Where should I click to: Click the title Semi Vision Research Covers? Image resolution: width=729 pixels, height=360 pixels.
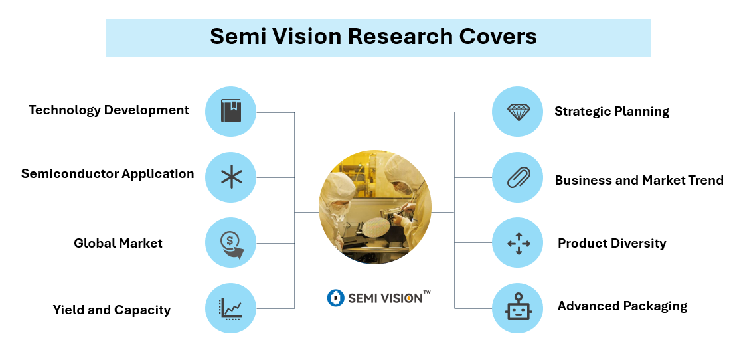pyautogui.click(x=373, y=37)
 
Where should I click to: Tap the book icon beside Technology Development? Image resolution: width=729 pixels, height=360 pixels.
pyautogui.click(x=230, y=112)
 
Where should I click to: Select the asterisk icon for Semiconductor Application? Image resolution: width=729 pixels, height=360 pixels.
pyautogui.click(x=230, y=177)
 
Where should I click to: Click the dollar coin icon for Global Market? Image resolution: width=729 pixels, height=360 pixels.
pyautogui.click(x=230, y=242)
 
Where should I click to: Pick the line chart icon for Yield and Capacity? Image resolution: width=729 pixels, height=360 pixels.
pyautogui.click(x=230, y=308)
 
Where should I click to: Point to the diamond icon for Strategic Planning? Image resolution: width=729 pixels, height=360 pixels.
pyautogui.click(x=519, y=112)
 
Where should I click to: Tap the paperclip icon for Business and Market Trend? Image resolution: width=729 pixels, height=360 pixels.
pyautogui.click(x=519, y=177)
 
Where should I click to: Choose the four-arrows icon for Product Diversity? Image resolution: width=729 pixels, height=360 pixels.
pyautogui.click(x=519, y=243)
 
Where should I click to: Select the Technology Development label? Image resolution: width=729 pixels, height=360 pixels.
pyautogui.click(x=109, y=110)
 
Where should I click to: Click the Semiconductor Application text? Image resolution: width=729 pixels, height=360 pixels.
pyautogui.click(x=108, y=174)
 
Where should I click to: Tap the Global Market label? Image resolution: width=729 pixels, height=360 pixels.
pyautogui.click(x=118, y=243)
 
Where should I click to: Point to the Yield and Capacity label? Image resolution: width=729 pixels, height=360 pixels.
pyautogui.click(x=112, y=310)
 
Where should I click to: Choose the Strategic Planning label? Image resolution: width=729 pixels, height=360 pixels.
pyautogui.click(x=611, y=112)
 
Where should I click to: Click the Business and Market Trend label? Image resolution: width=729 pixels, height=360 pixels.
pyautogui.click(x=639, y=180)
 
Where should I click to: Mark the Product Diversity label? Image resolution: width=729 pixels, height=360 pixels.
pyautogui.click(x=611, y=243)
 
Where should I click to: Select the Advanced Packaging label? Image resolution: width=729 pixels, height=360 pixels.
pyautogui.click(x=622, y=306)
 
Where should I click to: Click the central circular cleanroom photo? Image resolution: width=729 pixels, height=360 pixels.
pyautogui.click(x=374, y=207)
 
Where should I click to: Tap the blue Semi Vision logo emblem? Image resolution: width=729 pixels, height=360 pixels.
pyautogui.click(x=335, y=298)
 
